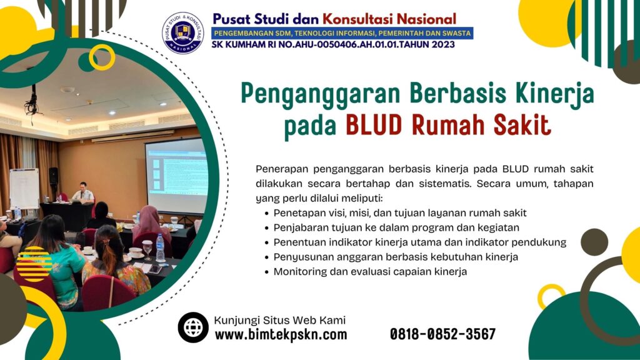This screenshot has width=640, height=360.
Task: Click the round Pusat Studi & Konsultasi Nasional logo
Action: coord(182,32)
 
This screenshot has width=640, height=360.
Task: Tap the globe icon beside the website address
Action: coord(192,327)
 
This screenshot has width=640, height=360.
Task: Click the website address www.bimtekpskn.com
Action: coord(281,335)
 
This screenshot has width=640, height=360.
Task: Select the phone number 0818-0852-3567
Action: coord(442,334)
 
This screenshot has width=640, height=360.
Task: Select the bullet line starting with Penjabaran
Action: coord(396,227)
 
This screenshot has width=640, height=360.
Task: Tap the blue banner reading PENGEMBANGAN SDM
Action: coord(342,32)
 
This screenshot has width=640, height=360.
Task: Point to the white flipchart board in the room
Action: coord(24,188)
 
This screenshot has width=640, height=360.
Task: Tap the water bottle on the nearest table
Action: coord(160,248)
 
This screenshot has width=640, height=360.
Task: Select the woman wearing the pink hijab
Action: coord(150,222)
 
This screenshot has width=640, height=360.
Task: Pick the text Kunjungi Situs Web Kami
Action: coord(279,320)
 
